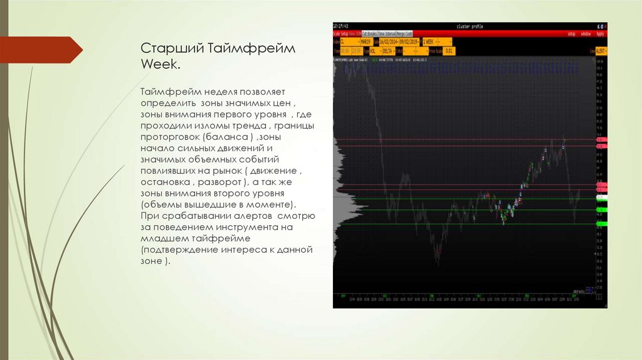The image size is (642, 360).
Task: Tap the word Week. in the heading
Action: click(157, 65)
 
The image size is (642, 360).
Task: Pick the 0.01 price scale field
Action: click(448, 51)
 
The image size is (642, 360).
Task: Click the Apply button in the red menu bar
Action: click(599, 33)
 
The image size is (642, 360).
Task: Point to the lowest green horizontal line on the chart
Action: click(464, 223)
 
